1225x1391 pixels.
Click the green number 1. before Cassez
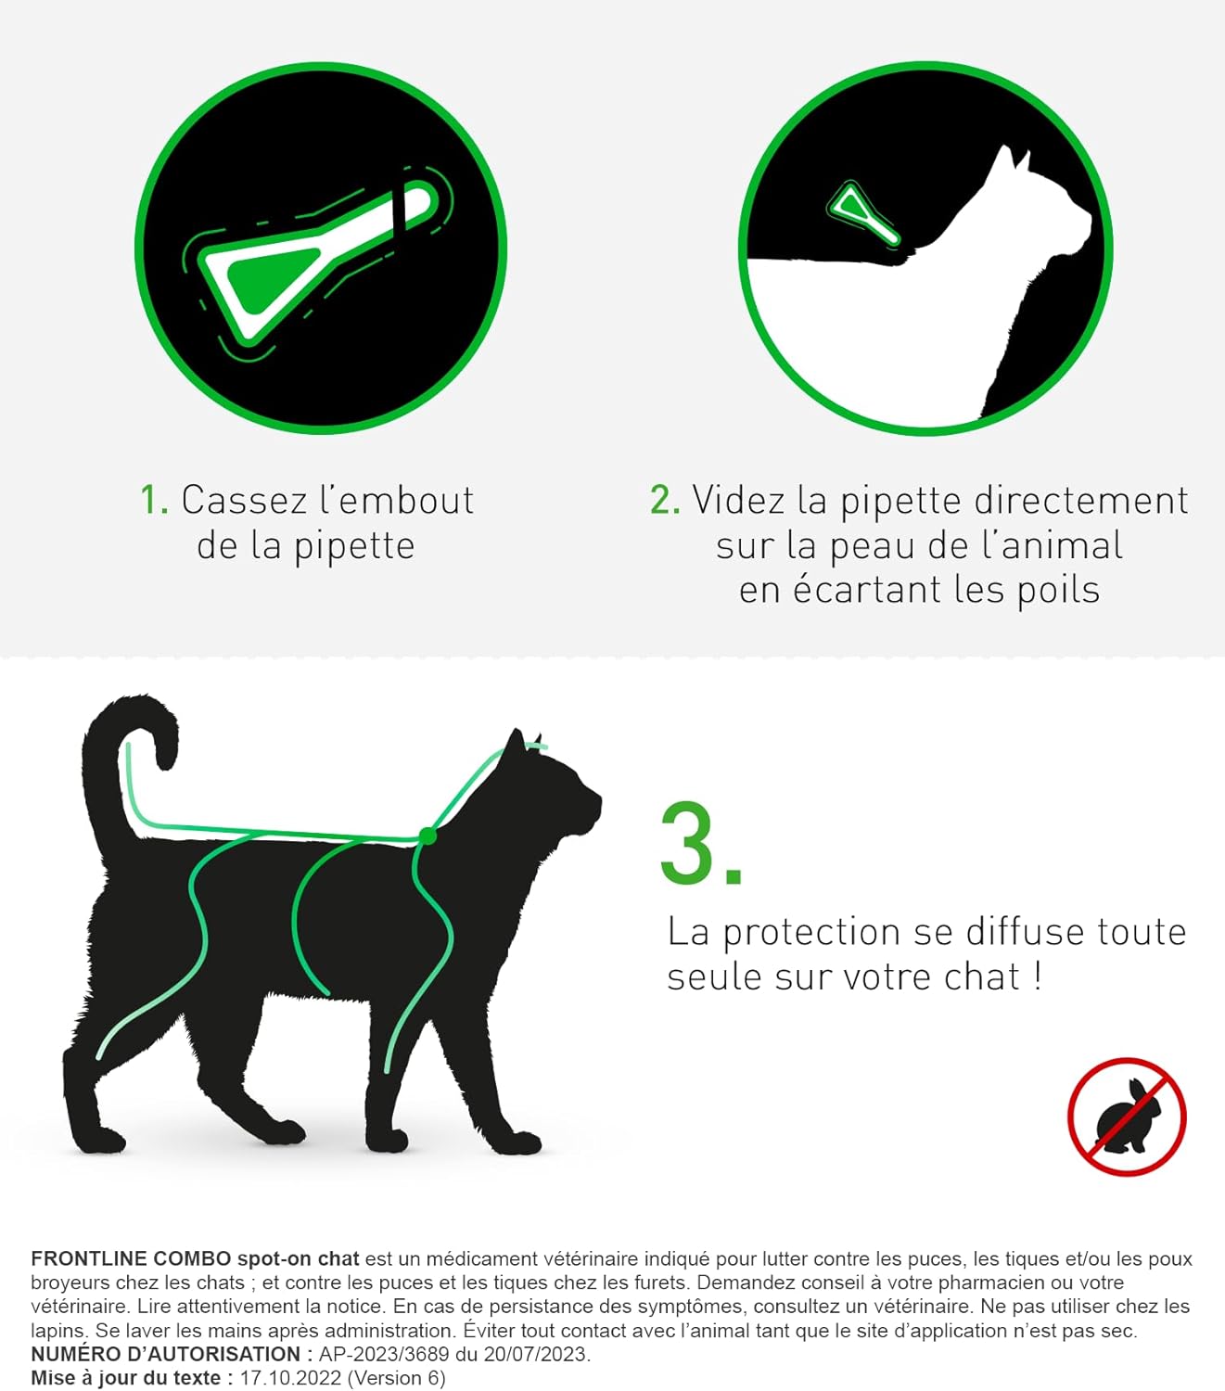coord(153,500)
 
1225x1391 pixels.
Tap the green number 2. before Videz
coord(665,500)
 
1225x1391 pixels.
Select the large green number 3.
coord(700,845)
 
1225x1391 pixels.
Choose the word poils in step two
coord(1058,590)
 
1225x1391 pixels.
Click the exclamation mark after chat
coord(1037,977)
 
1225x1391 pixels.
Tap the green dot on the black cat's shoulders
coord(427,836)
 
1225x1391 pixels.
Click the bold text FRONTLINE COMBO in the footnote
coord(131,1258)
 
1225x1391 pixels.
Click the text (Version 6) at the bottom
coord(396,1378)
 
